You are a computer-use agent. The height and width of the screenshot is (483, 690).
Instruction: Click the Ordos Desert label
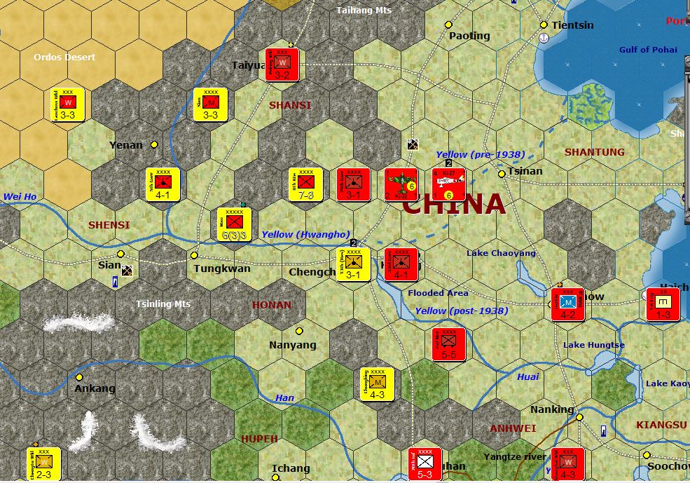(64, 57)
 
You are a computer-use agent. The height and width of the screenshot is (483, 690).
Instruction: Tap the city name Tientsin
(572, 25)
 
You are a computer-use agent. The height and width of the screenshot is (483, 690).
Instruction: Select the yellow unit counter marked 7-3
(305, 184)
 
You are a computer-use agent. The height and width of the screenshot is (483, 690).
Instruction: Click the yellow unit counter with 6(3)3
(234, 225)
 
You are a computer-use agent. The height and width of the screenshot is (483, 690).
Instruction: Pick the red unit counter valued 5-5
(449, 344)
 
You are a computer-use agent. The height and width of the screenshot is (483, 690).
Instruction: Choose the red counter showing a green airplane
(401, 184)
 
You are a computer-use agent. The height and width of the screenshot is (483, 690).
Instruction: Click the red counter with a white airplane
(449, 184)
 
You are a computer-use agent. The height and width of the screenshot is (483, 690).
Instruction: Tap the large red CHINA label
(454, 204)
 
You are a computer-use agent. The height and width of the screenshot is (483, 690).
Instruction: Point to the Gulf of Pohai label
(648, 50)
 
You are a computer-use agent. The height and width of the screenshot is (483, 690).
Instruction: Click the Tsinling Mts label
(163, 304)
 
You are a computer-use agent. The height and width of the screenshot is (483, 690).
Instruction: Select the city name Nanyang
(293, 345)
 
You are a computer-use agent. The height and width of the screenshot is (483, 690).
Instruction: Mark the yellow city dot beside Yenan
(154, 144)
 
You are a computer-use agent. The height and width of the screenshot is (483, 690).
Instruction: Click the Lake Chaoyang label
(501, 253)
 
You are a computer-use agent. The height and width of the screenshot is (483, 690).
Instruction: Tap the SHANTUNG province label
(594, 152)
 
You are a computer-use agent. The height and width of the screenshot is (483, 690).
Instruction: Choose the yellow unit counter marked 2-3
(43, 464)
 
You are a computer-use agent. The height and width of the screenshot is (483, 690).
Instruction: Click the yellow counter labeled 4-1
(163, 184)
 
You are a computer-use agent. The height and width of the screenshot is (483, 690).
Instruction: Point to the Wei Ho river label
(20, 197)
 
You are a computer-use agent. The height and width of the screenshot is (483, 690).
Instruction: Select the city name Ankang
(95, 388)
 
